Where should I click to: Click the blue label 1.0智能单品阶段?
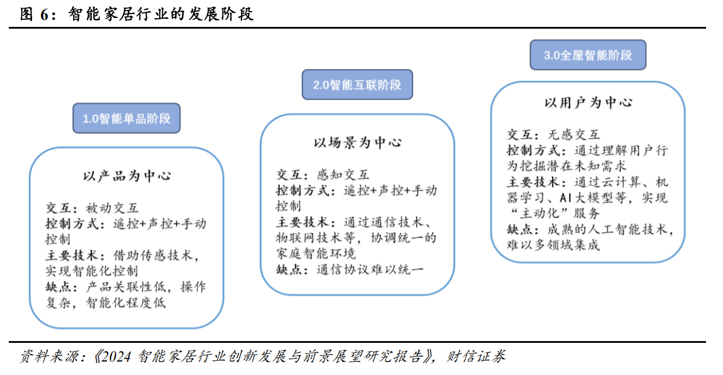[126, 119]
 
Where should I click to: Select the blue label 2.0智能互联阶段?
[357, 85]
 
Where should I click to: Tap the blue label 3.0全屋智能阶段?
[587, 56]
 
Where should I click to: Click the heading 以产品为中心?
[127, 176]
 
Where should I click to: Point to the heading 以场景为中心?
[357, 143]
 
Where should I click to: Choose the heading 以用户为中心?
[588, 103]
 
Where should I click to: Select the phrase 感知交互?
[343, 174]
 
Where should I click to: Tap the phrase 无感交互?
[573, 135]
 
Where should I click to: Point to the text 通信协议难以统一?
[370, 270]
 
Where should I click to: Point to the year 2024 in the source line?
[118, 356]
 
